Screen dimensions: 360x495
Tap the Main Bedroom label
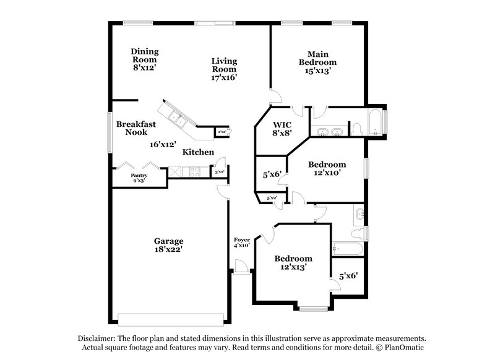click(317, 58)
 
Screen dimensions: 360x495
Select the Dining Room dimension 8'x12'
click(144, 68)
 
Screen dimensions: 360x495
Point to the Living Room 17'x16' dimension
click(224, 77)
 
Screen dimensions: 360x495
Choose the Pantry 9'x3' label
click(139, 178)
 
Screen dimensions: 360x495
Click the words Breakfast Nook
click(135, 127)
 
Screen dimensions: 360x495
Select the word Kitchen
click(198, 152)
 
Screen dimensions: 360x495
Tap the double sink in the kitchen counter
click(176, 118)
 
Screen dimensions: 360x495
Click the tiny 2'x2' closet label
click(221, 131)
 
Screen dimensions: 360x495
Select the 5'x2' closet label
click(272, 198)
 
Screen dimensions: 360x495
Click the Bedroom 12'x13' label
click(293, 262)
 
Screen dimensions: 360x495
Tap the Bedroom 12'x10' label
click(327, 169)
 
